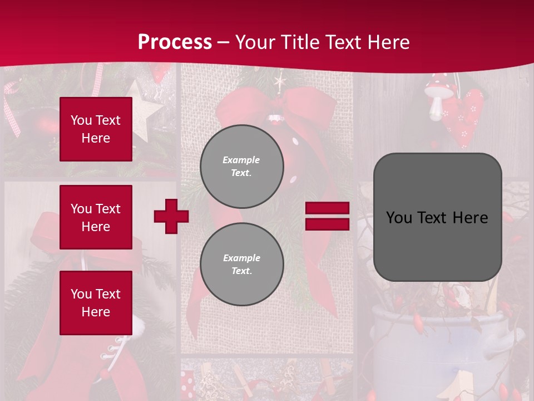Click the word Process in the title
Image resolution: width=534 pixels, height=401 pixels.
coord(175,42)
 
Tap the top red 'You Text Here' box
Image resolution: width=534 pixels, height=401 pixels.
coord(96,129)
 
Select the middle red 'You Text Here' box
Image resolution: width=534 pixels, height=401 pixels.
coord(96,217)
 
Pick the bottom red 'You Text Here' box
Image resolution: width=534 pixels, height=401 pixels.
coord(96,303)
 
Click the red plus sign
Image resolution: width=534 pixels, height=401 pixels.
coord(171,216)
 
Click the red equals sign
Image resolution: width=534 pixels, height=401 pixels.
coord(327,216)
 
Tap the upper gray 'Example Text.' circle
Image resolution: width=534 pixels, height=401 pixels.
coord(242,166)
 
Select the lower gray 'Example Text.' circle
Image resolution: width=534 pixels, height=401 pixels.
coord(242,264)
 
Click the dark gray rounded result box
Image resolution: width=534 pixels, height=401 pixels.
coord(437,217)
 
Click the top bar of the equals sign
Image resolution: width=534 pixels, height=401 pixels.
coord(327,208)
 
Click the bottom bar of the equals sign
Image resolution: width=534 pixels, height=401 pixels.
coord(327,224)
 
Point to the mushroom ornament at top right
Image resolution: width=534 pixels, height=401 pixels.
coord(437,97)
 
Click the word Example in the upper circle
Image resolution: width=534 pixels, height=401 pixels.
coord(241,160)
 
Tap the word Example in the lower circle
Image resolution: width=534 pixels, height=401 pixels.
coord(241,258)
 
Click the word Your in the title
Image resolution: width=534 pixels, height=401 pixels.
coord(256,42)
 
